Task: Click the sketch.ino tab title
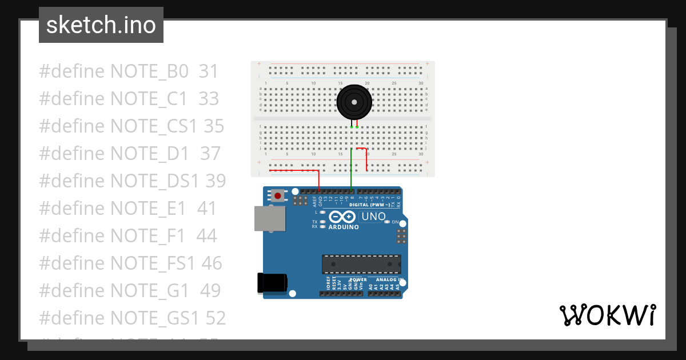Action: point(101,25)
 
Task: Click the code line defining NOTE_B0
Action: point(129,71)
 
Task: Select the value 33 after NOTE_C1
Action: point(209,99)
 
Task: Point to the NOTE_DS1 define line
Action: point(132,181)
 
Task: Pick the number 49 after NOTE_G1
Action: point(210,290)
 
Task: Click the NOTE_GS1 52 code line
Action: point(132,318)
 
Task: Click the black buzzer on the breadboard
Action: point(354,102)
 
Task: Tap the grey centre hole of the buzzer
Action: point(354,103)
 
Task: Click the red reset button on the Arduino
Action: point(278,196)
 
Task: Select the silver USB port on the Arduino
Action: point(269,219)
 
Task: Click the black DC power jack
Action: point(272,283)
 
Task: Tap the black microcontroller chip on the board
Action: point(361,264)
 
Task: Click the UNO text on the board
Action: point(373,217)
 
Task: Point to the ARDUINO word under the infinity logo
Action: point(344,227)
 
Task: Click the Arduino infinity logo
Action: point(342,217)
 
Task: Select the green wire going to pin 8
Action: point(351,171)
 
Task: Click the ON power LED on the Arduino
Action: point(387,222)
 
